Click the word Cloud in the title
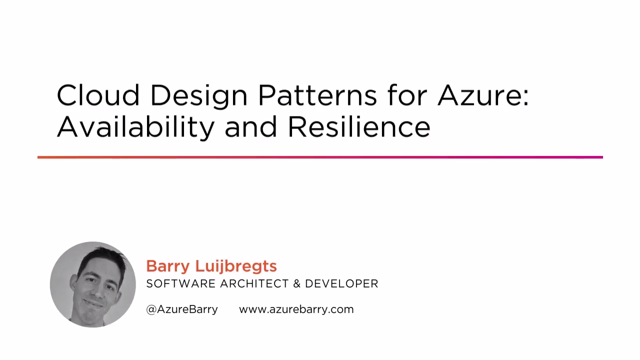tap(97, 95)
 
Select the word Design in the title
tap(198, 95)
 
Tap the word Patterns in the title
tap(317, 95)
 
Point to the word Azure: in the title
tap(483, 95)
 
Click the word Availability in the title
tap(135, 126)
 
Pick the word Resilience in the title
tap(358, 126)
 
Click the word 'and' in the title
tap(250, 126)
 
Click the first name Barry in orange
tap(167, 266)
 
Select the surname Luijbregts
tap(235, 266)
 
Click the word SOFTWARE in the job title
tap(180, 283)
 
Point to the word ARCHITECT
tap(254, 283)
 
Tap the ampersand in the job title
tap(296, 283)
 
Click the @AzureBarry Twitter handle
tap(182, 309)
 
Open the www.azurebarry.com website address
tap(296, 309)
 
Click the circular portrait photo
tap(93, 284)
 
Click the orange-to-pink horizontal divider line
tap(320, 157)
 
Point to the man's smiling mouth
tap(93, 303)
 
